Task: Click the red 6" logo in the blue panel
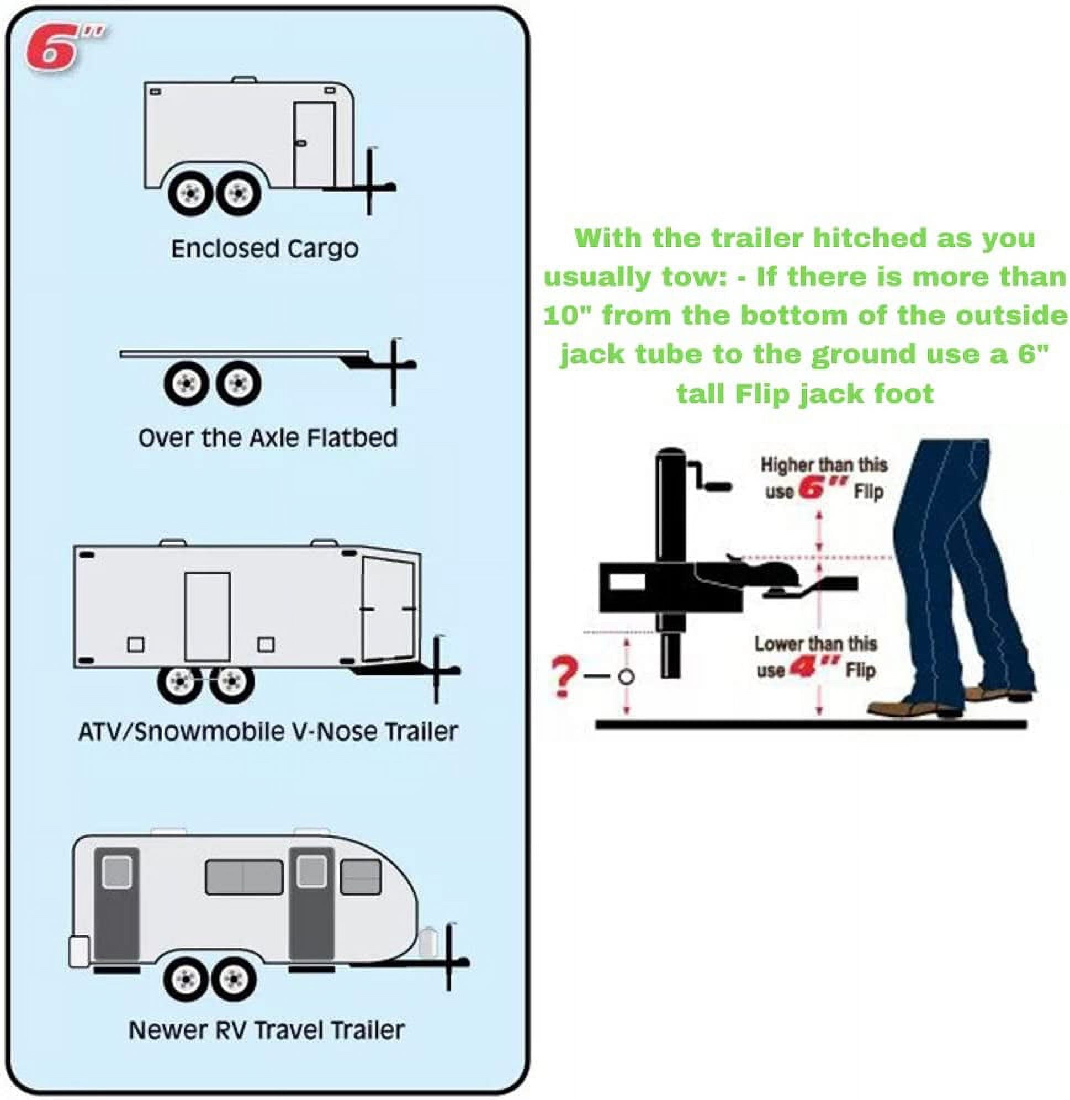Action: click(x=62, y=50)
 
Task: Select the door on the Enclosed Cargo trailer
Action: click(x=315, y=144)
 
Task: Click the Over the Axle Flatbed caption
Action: click(x=268, y=438)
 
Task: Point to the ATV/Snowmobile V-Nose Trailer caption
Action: click(x=268, y=732)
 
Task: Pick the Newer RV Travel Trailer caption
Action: click(x=266, y=1030)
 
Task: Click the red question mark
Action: click(x=565, y=678)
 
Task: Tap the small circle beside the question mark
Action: click(x=626, y=677)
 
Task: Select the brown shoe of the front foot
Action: click(x=908, y=707)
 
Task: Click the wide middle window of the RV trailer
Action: click(x=244, y=877)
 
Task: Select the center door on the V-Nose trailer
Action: click(x=208, y=617)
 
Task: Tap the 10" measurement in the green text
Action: click(x=568, y=315)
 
